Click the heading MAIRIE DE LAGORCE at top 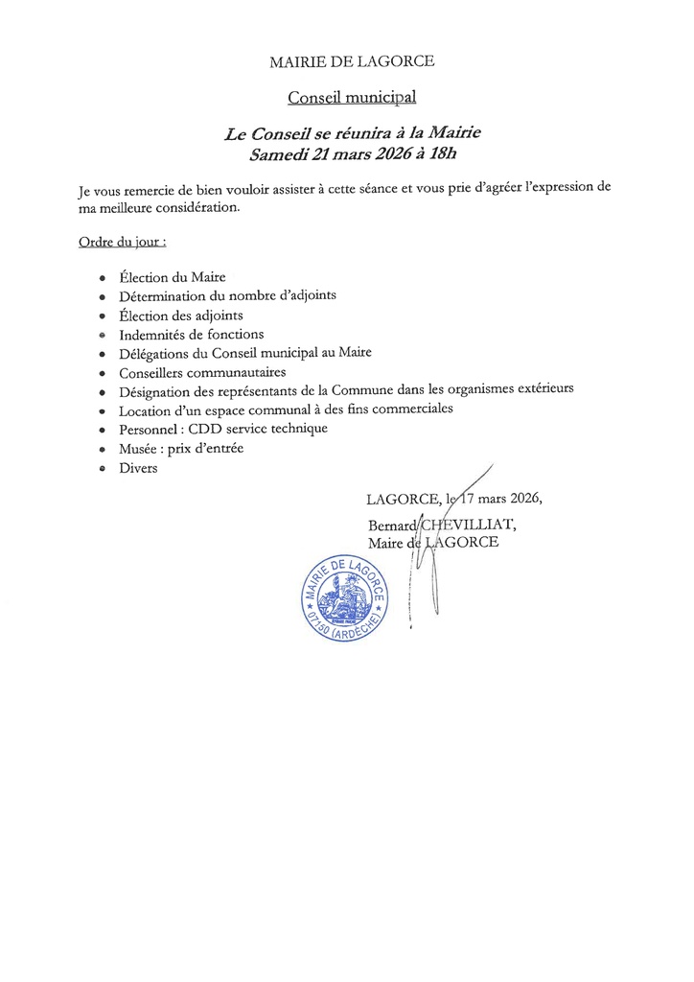click(352, 62)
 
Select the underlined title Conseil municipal click(352, 97)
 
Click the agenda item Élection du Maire click(173, 277)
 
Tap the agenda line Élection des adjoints click(181, 315)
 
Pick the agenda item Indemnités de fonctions click(191, 334)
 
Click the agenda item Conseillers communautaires click(202, 371)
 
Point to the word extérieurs click(540, 390)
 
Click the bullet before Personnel click(102, 429)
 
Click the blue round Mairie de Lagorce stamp click(342, 599)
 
